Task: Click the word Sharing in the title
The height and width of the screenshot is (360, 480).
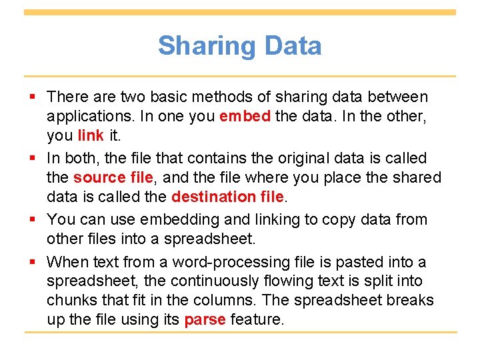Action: point(207,46)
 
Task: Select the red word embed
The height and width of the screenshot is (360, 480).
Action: point(245,116)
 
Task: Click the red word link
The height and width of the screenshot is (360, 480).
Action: point(91,135)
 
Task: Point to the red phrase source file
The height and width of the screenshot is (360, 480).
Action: point(109,177)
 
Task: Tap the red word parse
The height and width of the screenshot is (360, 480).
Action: point(205,319)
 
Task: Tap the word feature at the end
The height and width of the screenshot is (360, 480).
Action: point(257,319)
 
